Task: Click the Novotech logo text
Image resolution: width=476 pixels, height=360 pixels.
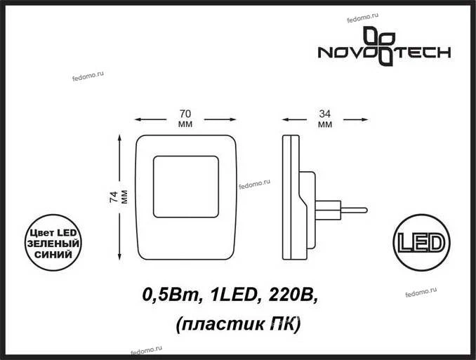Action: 384,53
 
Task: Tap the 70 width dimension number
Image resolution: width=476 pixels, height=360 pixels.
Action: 185,114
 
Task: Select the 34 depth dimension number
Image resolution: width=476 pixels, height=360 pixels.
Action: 325,114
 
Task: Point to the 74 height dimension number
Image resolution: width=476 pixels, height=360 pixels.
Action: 114,197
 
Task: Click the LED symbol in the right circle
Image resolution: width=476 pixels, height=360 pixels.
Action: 421,243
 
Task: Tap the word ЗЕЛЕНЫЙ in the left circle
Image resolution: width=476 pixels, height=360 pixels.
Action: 53,244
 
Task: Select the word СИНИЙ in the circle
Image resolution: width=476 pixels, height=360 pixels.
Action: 53,254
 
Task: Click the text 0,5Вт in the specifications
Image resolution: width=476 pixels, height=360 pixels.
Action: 170,295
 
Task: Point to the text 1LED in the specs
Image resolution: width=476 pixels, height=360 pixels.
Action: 232,295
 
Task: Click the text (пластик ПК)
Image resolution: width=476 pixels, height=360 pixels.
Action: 238,325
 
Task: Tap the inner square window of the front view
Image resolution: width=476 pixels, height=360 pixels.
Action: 186,187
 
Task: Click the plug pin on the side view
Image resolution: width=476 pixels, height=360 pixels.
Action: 354,210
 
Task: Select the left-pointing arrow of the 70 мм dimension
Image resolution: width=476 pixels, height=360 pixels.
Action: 150,119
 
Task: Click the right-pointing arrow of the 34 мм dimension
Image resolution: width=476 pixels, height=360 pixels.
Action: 356,119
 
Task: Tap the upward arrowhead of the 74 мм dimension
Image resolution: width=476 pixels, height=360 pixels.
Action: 119,138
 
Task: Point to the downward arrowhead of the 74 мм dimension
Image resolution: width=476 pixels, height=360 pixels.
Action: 119,257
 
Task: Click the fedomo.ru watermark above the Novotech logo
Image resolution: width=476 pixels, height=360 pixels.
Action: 362,18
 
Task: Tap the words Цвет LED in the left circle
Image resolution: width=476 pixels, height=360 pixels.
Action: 53,233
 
